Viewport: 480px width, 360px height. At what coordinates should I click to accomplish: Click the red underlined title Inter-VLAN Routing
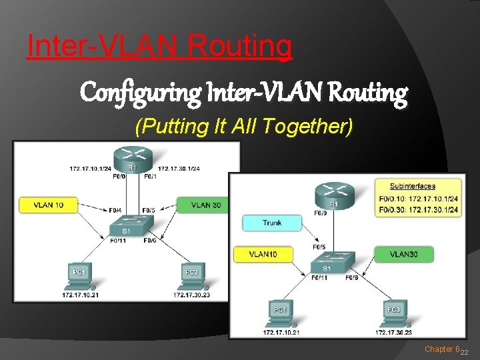pyautogui.click(x=159, y=46)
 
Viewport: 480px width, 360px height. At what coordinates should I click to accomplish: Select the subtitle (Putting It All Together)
pyautogui.click(x=243, y=126)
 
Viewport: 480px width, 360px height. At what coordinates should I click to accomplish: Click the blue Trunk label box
pyautogui.click(x=271, y=223)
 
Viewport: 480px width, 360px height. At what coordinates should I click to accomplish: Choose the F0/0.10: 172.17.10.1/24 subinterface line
pyautogui.click(x=418, y=198)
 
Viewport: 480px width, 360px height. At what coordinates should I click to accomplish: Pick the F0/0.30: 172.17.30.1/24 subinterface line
pyautogui.click(x=418, y=209)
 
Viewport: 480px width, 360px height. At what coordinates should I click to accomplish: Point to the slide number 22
pyautogui.click(x=465, y=352)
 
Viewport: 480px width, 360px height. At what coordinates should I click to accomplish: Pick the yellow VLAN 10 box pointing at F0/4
pyautogui.click(x=48, y=205)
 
